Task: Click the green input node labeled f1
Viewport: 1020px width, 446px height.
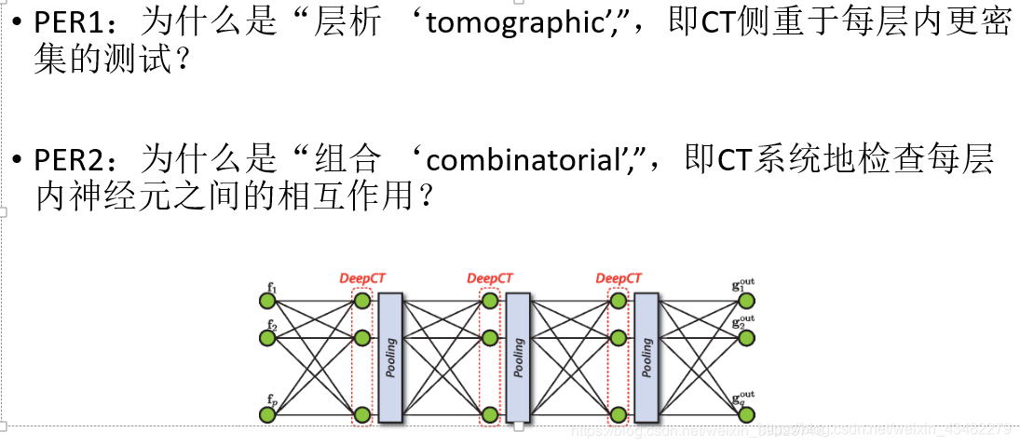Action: tap(268, 300)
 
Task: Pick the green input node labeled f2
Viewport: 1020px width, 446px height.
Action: tap(268, 337)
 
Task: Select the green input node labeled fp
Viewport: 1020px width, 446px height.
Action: tap(268, 414)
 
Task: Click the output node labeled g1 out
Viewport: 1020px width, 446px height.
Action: tap(746, 300)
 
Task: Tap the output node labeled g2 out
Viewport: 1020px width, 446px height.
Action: tap(746, 337)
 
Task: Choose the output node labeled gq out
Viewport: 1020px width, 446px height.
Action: tap(746, 414)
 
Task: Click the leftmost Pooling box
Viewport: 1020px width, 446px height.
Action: tap(390, 358)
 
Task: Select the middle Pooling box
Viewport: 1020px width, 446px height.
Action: tap(518, 358)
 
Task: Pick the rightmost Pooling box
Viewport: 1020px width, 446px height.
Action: tap(646, 358)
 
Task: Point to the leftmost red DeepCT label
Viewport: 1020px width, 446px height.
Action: tap(361, 277)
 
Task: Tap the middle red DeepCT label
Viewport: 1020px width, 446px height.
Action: tap(490, 277)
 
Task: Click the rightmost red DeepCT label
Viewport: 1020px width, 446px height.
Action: tap(619, 277)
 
